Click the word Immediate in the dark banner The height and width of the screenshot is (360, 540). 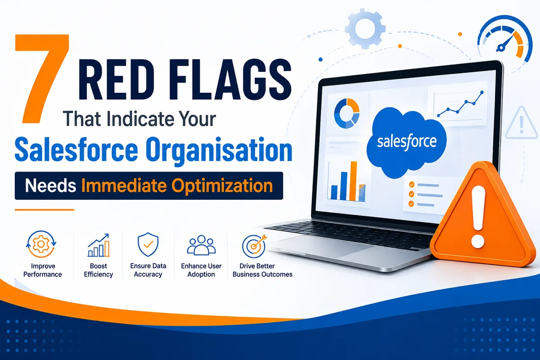tap(124, 185)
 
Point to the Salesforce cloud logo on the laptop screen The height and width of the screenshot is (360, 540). tap(406, 142)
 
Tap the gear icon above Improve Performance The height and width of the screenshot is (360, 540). tap(41, 244)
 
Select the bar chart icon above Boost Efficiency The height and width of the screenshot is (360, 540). tap(99, 245)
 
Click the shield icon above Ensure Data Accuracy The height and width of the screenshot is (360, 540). tap(148, 244)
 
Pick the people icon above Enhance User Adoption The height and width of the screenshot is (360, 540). tap(201, 245)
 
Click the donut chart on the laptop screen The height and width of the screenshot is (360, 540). tap(346, 113)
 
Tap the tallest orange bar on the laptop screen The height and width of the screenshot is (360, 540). tap(353, 181)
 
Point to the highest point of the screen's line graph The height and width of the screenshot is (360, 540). tap(482, 92)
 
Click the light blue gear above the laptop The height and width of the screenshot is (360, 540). tap(365, 28)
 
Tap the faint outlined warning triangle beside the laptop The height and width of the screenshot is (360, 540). tap(522, 123)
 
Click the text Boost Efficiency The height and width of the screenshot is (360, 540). tap(99, 270)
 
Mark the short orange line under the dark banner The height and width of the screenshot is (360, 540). tap(45, 210)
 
